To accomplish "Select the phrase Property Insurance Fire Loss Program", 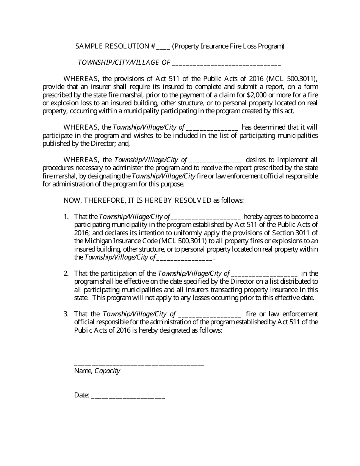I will [x=228, y=46].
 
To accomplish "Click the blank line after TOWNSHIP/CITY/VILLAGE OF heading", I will [x=226, y=63].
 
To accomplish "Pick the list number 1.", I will [x=66, y=217].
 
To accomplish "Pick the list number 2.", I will [x=66, y=274].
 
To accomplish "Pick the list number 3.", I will [x=66, y=314].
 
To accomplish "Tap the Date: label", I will [x=81, y=395].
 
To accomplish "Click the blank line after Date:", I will [x=128, y=396].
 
